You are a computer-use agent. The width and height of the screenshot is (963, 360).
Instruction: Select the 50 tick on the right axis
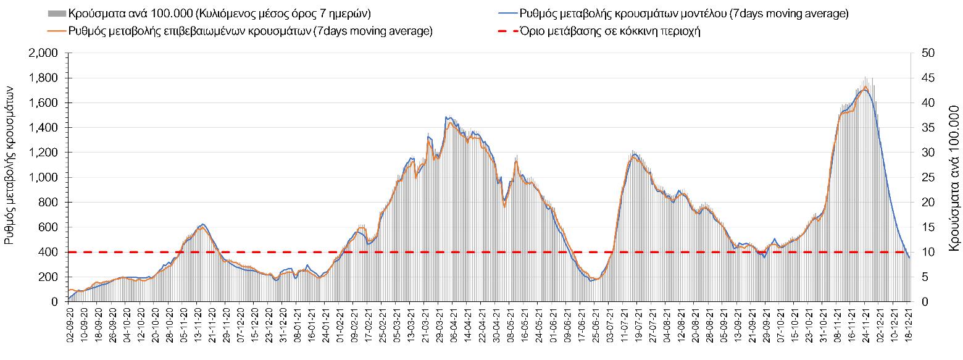point(924,54)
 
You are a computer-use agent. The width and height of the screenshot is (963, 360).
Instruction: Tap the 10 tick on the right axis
point(924,252)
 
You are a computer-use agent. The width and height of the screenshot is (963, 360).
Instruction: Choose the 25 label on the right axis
point(924,178)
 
